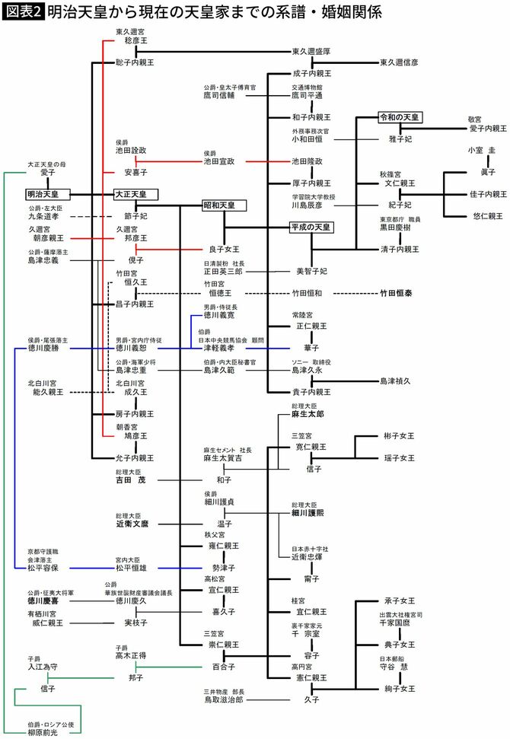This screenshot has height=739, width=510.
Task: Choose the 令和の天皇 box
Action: tap(400, 117)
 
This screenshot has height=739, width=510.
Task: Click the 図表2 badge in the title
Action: tap(22, 13)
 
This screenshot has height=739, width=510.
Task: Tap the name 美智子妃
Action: tap(311, 271)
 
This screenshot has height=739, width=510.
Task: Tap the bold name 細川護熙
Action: tap(311, 513)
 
